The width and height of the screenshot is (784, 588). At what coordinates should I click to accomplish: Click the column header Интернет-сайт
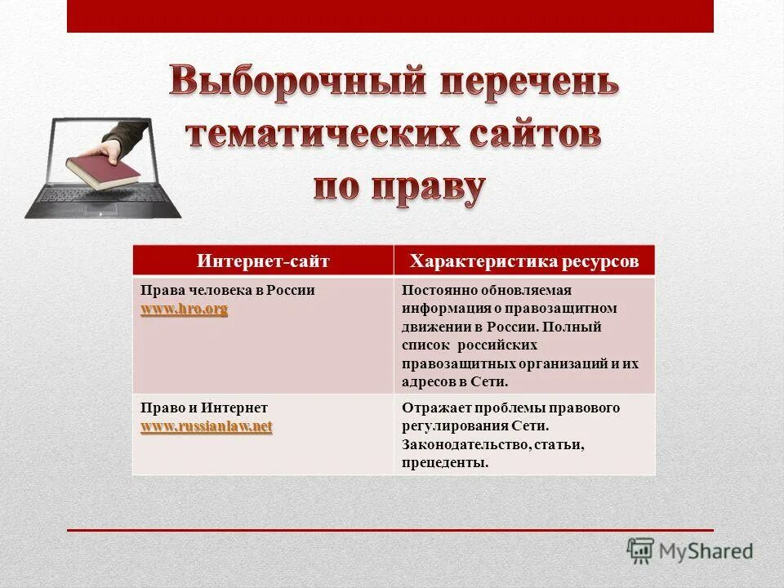point(262,261)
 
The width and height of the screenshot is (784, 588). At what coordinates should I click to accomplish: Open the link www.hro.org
point(184,309)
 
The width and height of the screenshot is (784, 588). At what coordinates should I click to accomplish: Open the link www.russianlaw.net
point(206,426)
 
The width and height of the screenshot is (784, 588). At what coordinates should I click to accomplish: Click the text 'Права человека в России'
point(228,291)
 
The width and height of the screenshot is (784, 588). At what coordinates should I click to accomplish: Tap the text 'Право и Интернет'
point(204,408)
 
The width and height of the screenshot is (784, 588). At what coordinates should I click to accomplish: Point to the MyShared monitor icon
point(641,550)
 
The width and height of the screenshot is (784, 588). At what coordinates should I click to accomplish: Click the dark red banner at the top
point(390,16)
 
